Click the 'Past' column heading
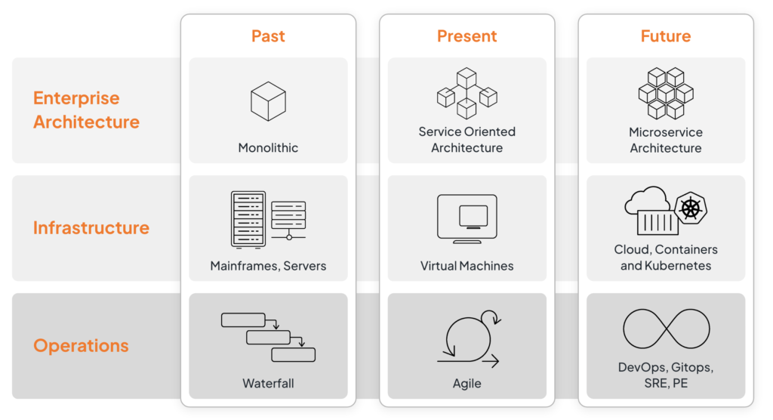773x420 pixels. point(268,36)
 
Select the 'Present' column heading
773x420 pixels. point(467,36)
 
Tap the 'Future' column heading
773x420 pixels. point(665,36)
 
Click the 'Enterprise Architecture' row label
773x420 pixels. point(86,110)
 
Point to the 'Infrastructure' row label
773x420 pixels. point(91,227)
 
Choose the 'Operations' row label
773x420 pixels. point(81,346)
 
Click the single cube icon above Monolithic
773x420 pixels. point(268,101)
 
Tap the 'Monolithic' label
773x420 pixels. point(268,148)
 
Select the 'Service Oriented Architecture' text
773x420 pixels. point(467,140)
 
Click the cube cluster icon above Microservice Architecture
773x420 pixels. point(665,93)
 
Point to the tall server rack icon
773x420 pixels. point(248,219)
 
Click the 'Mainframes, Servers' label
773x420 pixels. point(268,266)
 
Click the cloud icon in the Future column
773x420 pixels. point(646,201)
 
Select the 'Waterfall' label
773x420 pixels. point(268,384)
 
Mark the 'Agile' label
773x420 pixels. point(467,384)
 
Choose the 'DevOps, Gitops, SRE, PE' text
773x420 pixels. point(665,375)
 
